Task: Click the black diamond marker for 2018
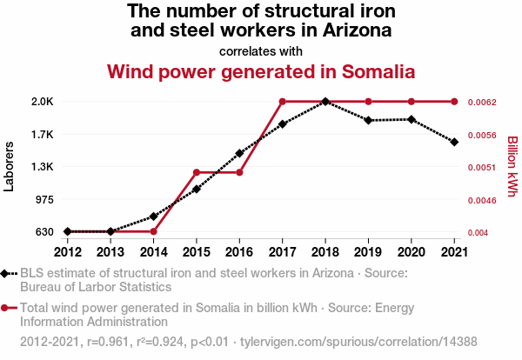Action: pos(325,102)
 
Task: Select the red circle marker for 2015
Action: pos(197,172)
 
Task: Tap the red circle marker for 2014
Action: pos(153,231)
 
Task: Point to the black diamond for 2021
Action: pos(454,142)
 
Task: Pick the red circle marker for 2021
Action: pos(454,102)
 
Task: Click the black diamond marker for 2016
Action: pos(239,153)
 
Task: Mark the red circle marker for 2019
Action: pos(369,102)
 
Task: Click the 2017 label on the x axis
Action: pos(282,251)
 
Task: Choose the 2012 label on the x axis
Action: pos(68,251)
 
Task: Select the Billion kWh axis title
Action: pos(512,166)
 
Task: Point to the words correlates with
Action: pos(261,50)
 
